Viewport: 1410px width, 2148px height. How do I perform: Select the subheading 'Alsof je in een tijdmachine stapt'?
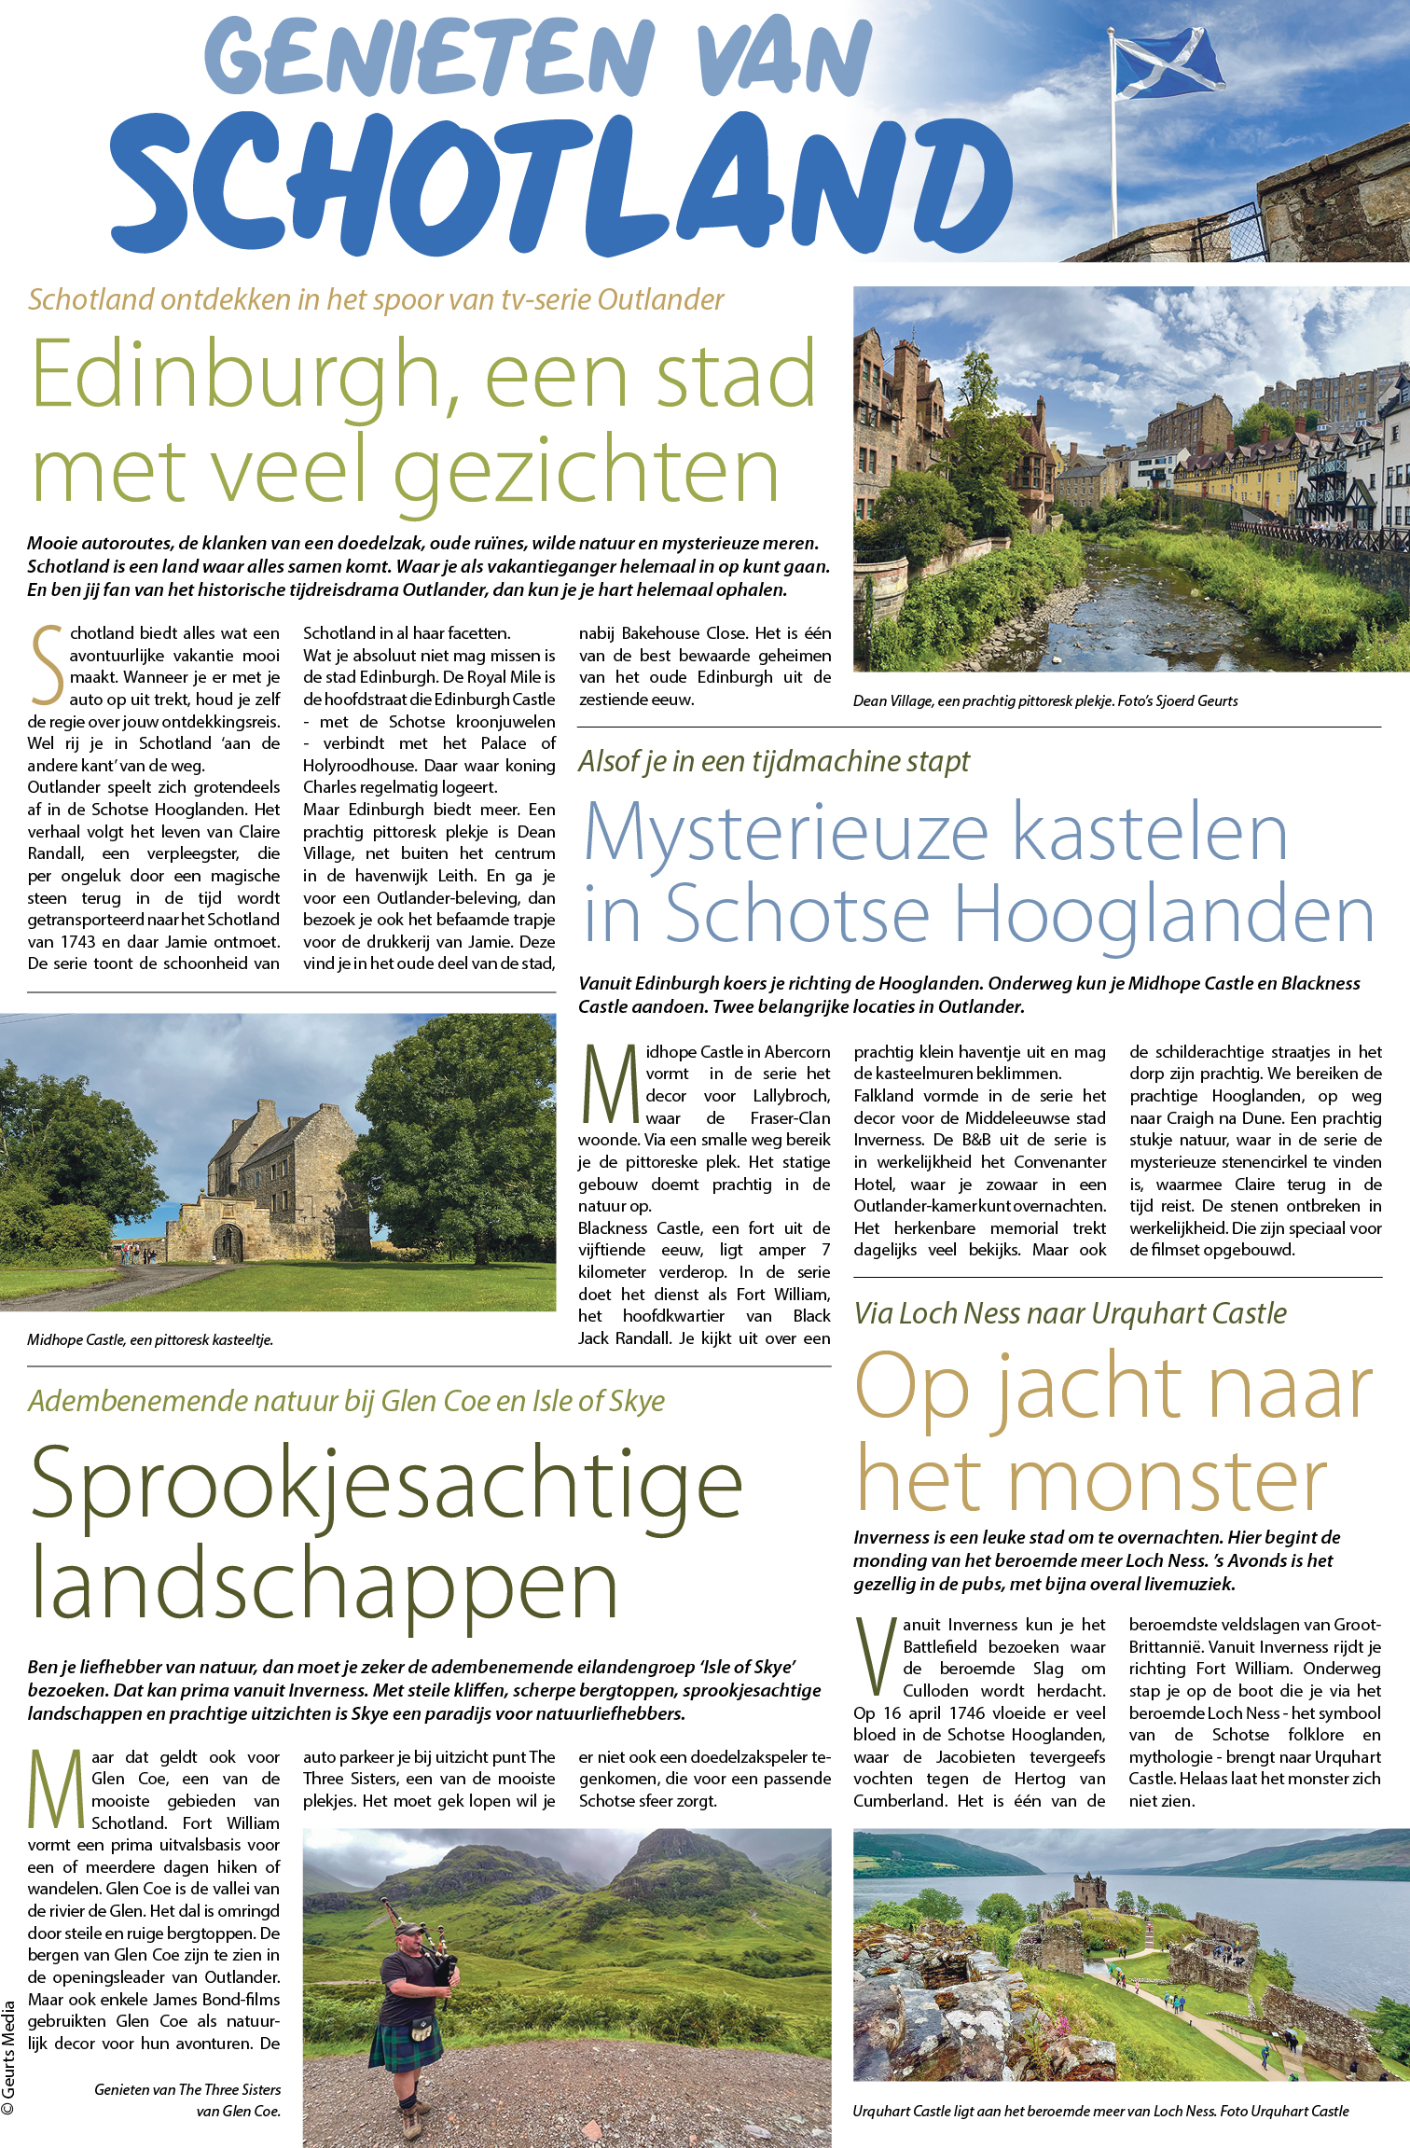pyautogui.click(x=773, y=762)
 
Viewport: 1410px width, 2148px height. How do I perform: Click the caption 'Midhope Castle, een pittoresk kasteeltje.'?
pyautogui.click(x=150, y=1339)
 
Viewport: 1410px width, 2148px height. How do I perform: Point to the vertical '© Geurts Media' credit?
pyautogui.click(x=9, y=2057)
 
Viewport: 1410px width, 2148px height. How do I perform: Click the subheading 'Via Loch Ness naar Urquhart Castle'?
pyautogui.click(x=1070, y=1313)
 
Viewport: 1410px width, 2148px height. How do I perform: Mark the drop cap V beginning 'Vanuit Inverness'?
pyautogui.click(x=875, y=1656)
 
